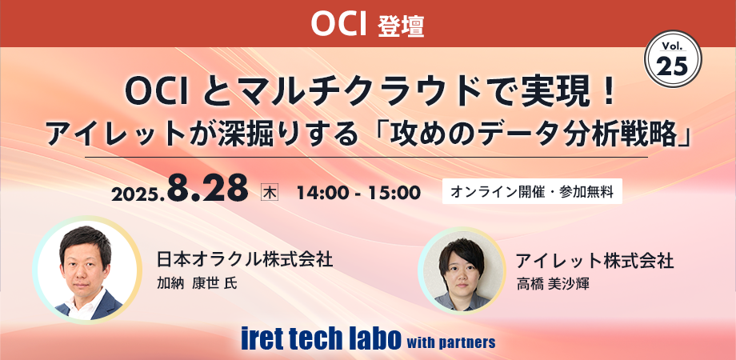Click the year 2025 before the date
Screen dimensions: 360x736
click(137, 194)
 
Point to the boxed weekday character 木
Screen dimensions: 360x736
click(270, 192)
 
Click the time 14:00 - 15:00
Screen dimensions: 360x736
click(358, 192)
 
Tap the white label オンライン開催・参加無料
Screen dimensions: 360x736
click(532, 192)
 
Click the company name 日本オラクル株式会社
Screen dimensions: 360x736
click(244, 259)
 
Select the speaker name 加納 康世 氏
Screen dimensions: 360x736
click(198, 283)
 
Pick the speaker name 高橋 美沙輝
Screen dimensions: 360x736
click(553, 283)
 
